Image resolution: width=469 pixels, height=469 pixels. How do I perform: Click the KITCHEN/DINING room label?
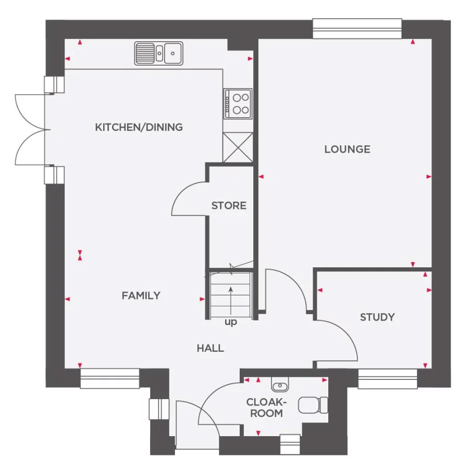[139, 127]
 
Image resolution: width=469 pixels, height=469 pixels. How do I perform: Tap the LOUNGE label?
[347, 150]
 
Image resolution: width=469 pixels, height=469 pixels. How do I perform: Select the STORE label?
[229, 206]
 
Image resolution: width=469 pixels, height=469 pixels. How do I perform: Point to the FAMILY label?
[141, 296]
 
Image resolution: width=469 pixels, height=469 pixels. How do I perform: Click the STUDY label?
[377, 317]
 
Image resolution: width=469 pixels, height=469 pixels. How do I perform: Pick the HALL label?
[211, 348]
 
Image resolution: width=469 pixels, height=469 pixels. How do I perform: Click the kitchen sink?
[159, 53]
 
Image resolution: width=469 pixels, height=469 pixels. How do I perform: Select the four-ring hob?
[238, 103]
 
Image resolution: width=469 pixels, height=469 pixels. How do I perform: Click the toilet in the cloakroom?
[313, 404]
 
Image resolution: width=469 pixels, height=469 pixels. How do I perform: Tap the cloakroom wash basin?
[280, 386]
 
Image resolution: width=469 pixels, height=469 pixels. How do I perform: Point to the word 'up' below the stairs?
[231, 323]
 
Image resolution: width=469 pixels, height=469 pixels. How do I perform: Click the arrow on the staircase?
[231, 295]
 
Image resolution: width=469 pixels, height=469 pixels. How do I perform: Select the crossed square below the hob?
[238, 147]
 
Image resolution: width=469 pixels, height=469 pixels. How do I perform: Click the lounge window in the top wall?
[357, 29]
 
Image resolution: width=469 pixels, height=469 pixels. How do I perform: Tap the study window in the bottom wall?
[388, 379]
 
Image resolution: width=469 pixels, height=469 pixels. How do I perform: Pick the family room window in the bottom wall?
[110, 379]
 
